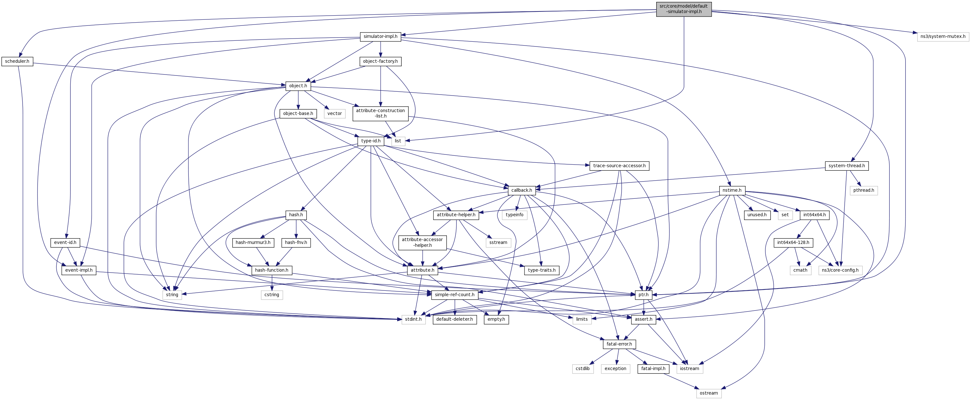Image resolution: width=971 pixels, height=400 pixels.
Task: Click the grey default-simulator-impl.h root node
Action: pyautogui.click(x=683, y=9)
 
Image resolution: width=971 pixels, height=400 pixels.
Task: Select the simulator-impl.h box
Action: pyautogui.click(x=380, y=37)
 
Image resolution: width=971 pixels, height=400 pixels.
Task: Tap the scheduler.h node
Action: pyautogui.click(x=17, y=61)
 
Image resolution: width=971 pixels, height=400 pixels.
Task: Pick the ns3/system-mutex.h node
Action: pyautogui.click(x=943, y=37)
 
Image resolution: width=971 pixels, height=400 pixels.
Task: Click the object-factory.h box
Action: pyautogui.click(x=380, y=61)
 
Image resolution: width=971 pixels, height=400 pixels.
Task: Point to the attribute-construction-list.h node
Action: pyautogui.click(x=380, y=113)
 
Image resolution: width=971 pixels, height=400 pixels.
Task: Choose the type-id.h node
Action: pyautogui.click(x=370, y=141)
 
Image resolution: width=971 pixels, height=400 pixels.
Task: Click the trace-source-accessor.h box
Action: pyautogui.click(x=619, y=166)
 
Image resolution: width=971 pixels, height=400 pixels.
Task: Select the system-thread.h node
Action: pyautogui.click(x=847, y=166)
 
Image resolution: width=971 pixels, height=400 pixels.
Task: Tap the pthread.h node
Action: pyautogui.click(x=863, y=190)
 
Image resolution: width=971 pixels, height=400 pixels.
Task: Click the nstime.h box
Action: pyautogui.click(x=732, y=190)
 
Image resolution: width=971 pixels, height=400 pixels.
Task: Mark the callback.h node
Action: pyautogui.click(x=521, y=190)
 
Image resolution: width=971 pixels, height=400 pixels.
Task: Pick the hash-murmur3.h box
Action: pyautogui.click(x=253, y=242)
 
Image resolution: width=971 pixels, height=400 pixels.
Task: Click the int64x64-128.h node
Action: pyautogui.click(x=793, y=242)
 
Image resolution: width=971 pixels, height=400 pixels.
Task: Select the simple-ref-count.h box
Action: pyautogui.click(x=454, y=295)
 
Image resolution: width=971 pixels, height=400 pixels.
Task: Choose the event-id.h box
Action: pyautogui.click(x=65, y=242)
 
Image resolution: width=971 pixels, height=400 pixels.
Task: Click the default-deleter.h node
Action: pyautogui.click(x=454, y=319)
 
